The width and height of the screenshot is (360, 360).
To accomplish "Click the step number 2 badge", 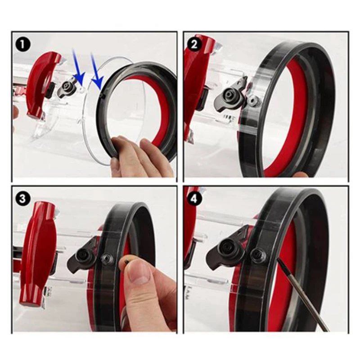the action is pos(194,44).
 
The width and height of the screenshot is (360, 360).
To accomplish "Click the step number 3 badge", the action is pos(22,199).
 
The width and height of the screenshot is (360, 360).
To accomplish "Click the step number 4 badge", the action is pos(194,199).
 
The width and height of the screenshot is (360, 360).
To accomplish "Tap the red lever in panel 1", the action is pos(43,84).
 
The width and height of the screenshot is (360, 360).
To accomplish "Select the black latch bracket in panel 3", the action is pos(83,256).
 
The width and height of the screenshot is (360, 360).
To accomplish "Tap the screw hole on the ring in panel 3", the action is pos(107,259).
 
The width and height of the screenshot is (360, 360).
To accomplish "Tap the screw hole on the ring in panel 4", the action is pos(258,255).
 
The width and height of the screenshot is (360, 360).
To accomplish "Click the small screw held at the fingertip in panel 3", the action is pos(126,261).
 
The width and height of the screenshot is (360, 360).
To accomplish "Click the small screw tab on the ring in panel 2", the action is pos(253,100).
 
